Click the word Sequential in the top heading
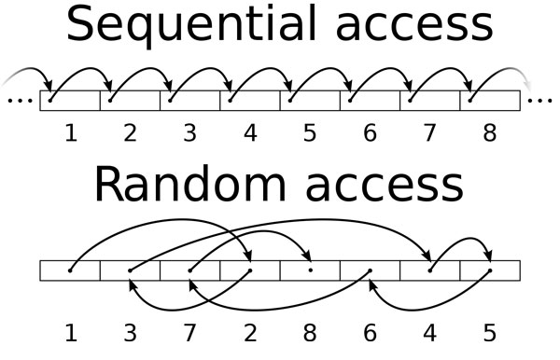pyautogui.click(x=191, y=24)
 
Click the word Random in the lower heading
pyautogui.click(x=190, y=185)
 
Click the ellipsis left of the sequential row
pyautogui.click(x=20, y=101)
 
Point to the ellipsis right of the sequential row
pyautogui.click(x=540, y=101)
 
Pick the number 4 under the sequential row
pyautogui.click(x=250, y=133)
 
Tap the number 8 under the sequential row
pyautogui.click(x=490, y=133)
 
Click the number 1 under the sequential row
pyautogui.click(x=71, y=133)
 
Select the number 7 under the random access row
pyautogui.click(x=189, y=333)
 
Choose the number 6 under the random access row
pyautogui.click(x=370, y=333)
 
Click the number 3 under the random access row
pyautogui.click(x=130, y=333)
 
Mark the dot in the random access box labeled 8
pyautogui.click(x=311, y=270)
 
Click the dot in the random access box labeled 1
pyautogui.click(x=70, y=270)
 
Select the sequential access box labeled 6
pyautogui.click(x=370, y=101)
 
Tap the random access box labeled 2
pyautogui.click(x=250, y=270)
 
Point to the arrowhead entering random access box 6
pyautogui.click(x=371, y=284)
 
